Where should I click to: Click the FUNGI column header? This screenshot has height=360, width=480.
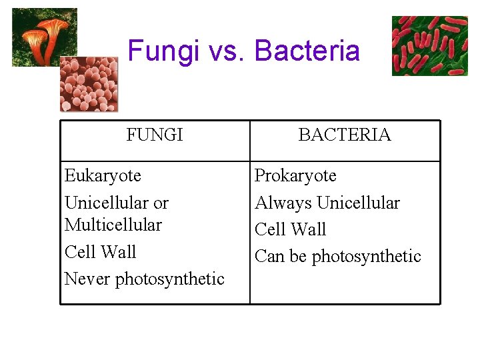(x=155, y=135)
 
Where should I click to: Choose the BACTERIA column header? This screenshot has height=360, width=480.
(x=345, y=135)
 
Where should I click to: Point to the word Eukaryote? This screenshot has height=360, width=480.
(x=103, y=176)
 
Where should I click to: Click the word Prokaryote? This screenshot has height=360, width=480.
(x=295, y=176)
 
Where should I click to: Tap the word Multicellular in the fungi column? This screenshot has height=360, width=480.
(x=113, y=225)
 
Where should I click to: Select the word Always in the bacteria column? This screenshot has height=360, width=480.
(x=283, y=203)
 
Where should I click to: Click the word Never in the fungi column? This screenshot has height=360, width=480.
(x=87, y=279)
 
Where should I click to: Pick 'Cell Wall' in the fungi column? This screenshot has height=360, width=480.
(x=100, y=252)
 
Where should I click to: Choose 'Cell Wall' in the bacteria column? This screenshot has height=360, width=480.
(x=290, y=229)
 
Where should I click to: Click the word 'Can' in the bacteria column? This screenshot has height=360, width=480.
(x=269, y=257)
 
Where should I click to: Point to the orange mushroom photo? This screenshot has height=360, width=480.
(x=44, y=37)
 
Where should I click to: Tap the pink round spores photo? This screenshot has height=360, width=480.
(x=89, y=83)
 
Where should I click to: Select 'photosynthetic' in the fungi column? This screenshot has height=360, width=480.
(x=170, y=279)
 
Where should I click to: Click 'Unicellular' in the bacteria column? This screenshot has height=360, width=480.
(x=359, y=203)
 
